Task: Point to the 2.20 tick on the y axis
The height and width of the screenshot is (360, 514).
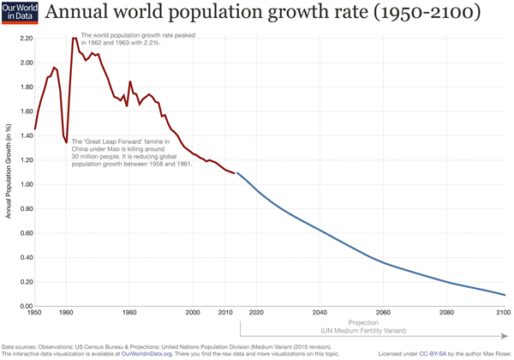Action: pyautogui.click(x=19, y=39)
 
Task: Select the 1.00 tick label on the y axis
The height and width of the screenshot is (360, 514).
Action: pyautogui.click(x=19, y=184)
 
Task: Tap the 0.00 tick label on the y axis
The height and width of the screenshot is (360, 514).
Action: pyautogui.click(x=19, y=306)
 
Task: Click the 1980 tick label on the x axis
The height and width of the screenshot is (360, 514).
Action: pyautogui.click(x=129, y=313)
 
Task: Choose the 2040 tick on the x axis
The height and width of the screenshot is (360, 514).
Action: pyautogui.click(x=318, y=313)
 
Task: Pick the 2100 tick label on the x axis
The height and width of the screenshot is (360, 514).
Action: pyautogui.click(x=504, y=313)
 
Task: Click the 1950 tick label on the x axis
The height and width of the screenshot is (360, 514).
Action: pyautogui.click(x=34, y=313)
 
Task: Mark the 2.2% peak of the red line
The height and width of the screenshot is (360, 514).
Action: pyautogui.click(x=75, y=39)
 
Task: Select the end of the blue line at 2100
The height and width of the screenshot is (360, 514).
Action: pyautogui.click(x=505, y=295)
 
